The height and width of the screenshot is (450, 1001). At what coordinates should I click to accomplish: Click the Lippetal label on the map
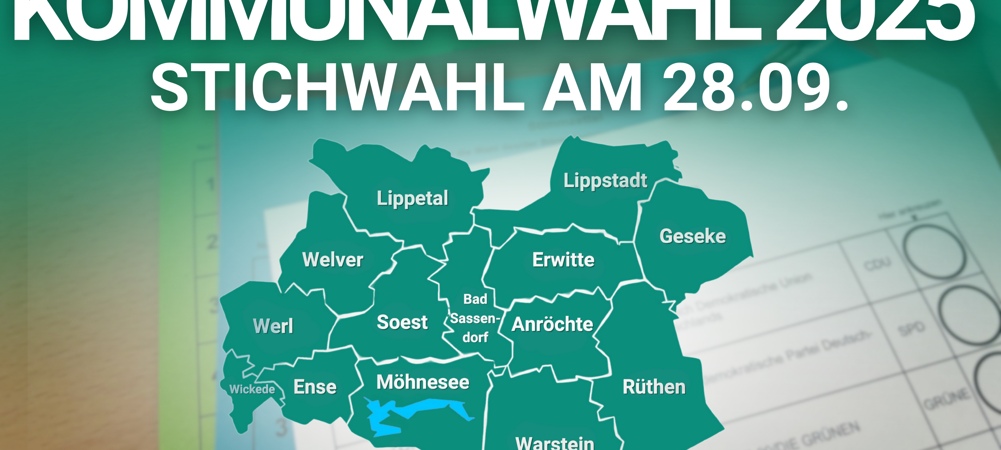[x=412, y=198]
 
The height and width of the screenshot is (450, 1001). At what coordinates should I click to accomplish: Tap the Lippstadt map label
[x=605, y=181]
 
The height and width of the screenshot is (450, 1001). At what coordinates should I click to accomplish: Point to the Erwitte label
[x=563, y=260]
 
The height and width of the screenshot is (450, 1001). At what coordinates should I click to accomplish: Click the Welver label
[x=333, y=259]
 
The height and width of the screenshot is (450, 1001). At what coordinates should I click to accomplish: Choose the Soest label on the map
[x=402, y=322]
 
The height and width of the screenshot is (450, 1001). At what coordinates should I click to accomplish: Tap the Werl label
[x=273, y=326]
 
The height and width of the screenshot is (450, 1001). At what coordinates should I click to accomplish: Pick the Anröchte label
[x=552, y=324]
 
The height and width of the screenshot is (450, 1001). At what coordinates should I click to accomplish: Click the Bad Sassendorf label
[x=475, y=319]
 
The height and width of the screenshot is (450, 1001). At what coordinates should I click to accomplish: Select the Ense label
[x=315, y=387]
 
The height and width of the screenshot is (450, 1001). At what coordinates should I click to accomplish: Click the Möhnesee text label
[x=423, y=382]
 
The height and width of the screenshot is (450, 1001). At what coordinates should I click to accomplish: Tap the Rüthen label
[x=654, y=387]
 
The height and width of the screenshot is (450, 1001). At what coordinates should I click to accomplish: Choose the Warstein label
[x=554, y=443]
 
